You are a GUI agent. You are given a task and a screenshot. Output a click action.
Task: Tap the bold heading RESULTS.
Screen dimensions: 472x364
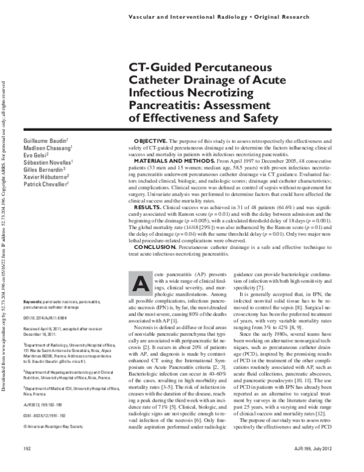pyautogui.click(x=147, y=207)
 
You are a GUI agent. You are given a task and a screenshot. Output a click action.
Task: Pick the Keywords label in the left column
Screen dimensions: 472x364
pyautogui.click(x=32, y=301)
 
